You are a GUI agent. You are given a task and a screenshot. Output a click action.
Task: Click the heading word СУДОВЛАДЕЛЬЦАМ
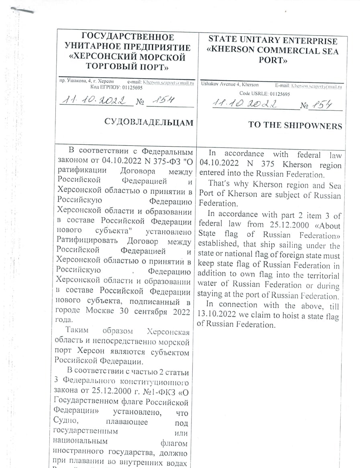[x=148, y=122]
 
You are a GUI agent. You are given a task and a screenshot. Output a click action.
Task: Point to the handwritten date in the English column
[x=245, y=104]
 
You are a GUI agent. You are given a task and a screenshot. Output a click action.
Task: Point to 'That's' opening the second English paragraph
[x=220, y=186]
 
